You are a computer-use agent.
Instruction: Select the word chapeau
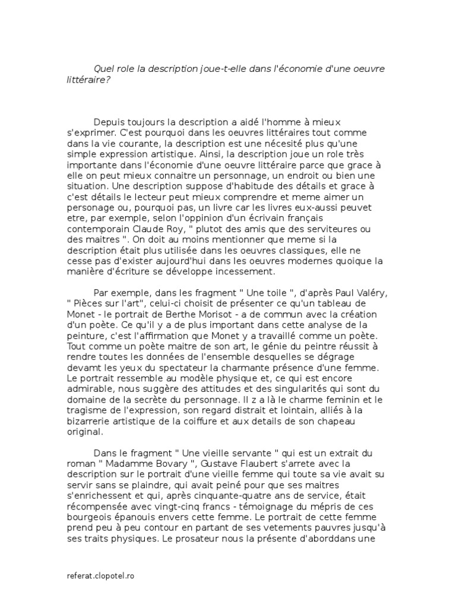(x=363, y=420)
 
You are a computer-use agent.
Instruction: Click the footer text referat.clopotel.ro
(x=100, y=577)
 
